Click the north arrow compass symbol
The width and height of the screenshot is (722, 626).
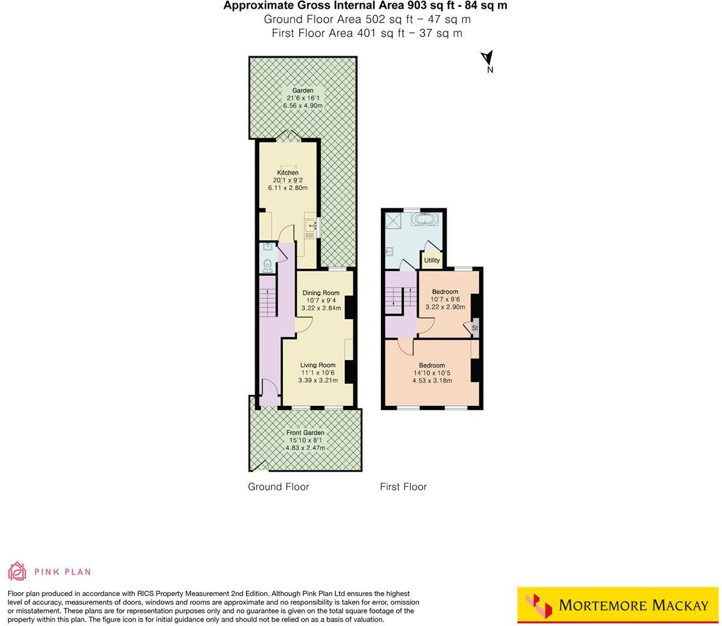point(487,59)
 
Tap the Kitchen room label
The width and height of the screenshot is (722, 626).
point(288,173)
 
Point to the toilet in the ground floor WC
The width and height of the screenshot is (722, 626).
point(267,265)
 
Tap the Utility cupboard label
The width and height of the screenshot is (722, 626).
point(432,260)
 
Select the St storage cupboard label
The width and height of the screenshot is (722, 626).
point(475,328)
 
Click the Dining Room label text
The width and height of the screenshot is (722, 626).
point(321,293)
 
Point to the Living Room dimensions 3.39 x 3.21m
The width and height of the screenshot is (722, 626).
point(318,380)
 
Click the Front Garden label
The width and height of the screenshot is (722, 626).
point(305,433)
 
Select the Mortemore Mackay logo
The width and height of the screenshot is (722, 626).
point(618,605)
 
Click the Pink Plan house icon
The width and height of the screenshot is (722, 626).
point(17,571)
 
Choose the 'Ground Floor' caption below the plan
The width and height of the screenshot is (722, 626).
point(278,487)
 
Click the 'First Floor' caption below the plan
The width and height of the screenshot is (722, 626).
point(403,487)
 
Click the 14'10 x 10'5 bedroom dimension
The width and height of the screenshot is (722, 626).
point(432,373)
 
